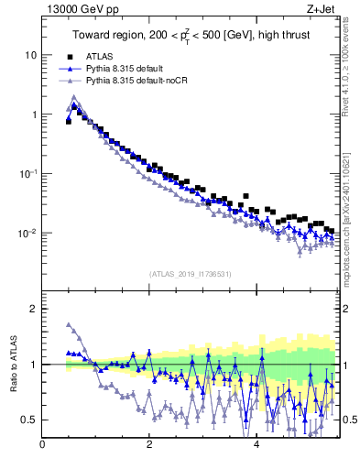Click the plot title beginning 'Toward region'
point(190,36)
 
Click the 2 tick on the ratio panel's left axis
point(33,309)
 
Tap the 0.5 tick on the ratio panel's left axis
point(28,420)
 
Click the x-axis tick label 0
point(42,444)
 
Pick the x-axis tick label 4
point(256,444)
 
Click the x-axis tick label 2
point(148,444)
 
